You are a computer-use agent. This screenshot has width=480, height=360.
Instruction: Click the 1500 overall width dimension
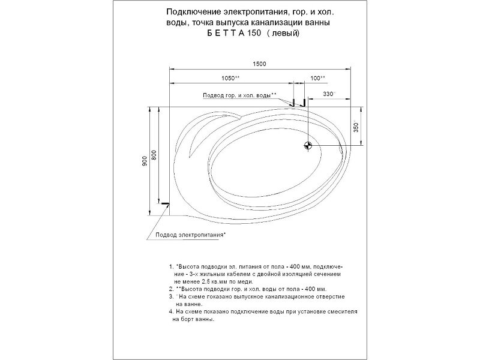259,64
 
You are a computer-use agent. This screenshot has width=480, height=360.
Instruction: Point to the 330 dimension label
329,95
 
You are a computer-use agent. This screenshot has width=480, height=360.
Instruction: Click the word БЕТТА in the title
224,34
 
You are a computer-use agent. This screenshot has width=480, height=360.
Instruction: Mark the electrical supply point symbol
165,205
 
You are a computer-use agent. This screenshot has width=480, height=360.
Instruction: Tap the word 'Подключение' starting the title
187,13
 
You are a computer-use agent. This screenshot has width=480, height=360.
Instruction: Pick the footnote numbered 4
172,312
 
